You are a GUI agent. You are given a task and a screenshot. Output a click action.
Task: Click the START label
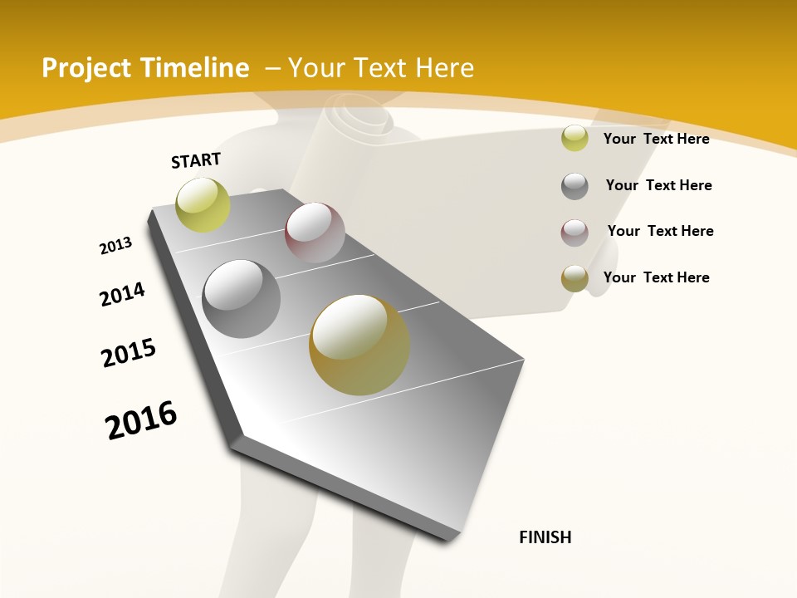coord(196,160)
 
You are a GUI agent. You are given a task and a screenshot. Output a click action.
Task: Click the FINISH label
coord(545,537)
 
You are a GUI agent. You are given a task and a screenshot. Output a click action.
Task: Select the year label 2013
coord(116,246)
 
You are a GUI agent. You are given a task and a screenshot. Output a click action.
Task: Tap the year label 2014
coord(122,294)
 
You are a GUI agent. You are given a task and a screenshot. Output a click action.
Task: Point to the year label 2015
coord(129,353)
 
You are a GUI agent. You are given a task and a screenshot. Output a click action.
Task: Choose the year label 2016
coord(141,419)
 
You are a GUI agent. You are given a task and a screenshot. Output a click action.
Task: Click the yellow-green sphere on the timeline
coord(203,204)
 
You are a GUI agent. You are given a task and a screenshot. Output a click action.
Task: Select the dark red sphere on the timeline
coord(315,233)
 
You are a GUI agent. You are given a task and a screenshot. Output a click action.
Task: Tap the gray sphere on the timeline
coord(242,299)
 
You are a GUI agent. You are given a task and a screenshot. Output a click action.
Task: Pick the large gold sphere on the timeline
coord(359,345)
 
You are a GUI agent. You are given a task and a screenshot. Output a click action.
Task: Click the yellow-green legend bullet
coord(575,139)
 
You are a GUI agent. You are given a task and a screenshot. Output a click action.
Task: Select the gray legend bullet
coord(575,186)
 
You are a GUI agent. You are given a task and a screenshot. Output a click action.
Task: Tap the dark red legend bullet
coord(575,233)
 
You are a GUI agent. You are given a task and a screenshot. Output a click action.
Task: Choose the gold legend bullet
coord(575,279)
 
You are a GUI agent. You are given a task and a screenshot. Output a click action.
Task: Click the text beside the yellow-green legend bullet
coord(656,139)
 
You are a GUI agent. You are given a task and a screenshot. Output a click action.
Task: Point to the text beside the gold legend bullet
coord(656,277)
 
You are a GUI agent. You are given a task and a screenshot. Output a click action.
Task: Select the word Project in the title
coord(82,68)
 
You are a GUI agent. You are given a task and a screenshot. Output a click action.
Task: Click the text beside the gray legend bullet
coord(658,185)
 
